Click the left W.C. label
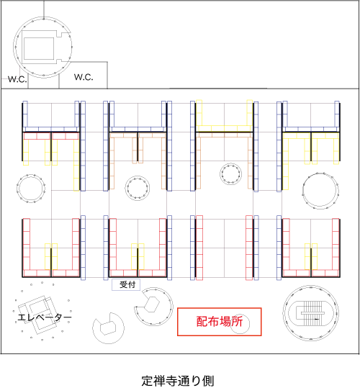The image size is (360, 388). click(17, 78)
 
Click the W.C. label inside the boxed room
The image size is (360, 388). click(84, 76)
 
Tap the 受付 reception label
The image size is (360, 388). click(124, 285)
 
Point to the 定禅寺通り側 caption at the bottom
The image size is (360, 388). click(178, 379)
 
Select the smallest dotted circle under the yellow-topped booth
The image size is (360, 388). click(232, 173)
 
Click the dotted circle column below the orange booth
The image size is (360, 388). click(138, 189)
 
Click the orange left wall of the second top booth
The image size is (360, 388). click(112, 162)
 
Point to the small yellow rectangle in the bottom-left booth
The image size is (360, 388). click(50, 254)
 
